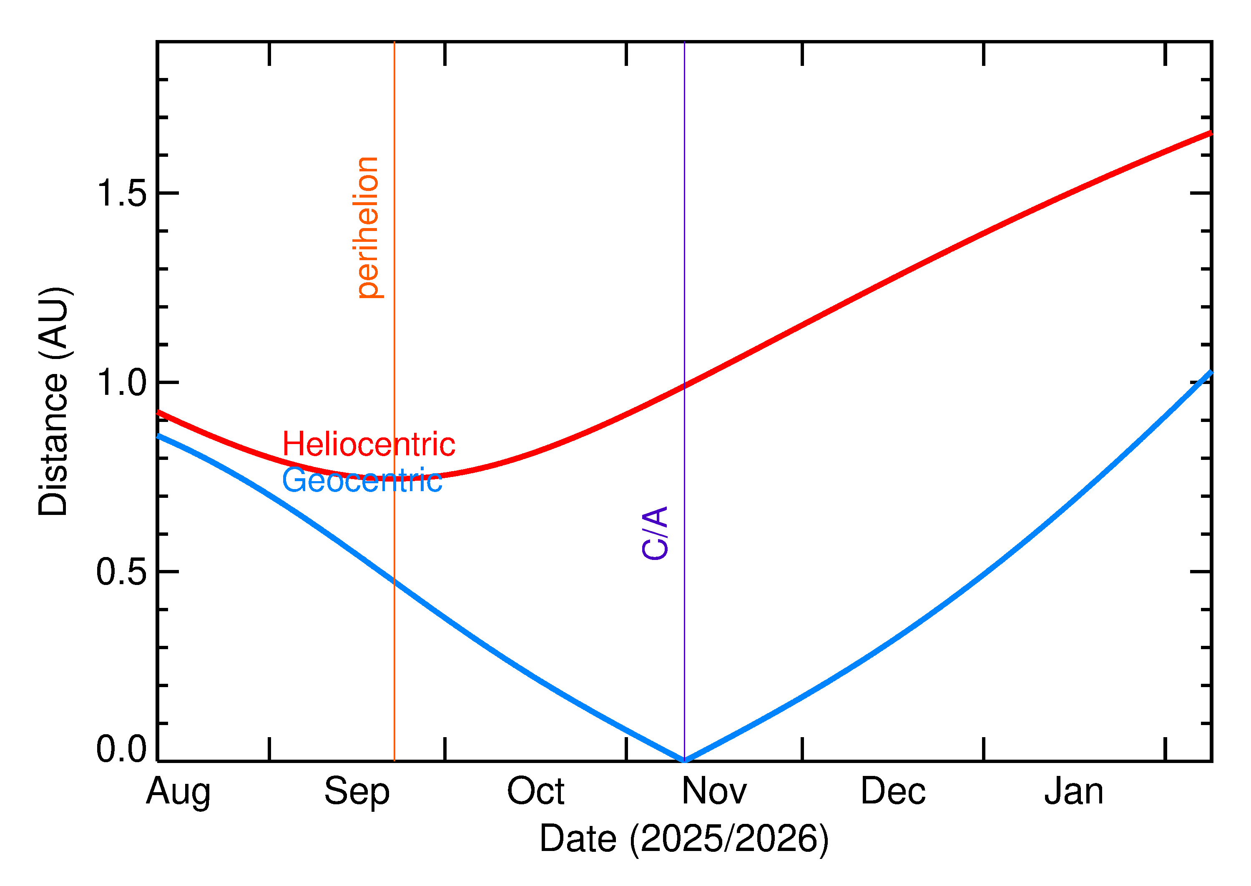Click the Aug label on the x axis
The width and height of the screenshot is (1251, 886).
point(178,793)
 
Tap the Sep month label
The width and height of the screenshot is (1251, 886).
point(357,793)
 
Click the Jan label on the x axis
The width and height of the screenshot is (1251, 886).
point(1073,792)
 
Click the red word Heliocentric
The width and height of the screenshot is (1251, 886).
point(368,444)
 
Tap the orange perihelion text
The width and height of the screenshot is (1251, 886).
point(368,228)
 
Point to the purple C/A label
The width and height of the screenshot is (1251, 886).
point(655,533)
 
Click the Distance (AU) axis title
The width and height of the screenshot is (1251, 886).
point(53,401)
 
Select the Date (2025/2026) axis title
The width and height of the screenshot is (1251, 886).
point(683,838)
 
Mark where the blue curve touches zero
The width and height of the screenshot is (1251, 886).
point(684,760)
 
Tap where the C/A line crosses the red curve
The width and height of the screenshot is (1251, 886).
point(684,386)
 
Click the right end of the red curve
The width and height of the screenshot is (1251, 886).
point(1210,133)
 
